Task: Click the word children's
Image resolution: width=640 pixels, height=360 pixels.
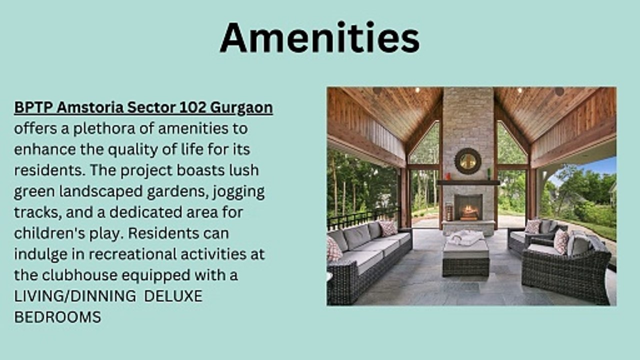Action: tap(49, 233)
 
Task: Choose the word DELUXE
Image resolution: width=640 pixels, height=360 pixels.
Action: tap(173, 296)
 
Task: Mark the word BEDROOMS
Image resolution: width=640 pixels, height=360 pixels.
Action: tap(57, 317)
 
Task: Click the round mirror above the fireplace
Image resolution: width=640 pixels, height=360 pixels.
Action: tap(467, 161)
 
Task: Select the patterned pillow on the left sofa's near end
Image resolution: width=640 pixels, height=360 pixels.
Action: tap(334, 249)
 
